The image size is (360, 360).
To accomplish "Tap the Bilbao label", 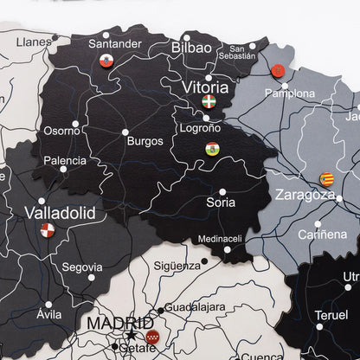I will pyautogui.click(x=191, y=48).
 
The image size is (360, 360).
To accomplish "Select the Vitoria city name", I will pyautogui.click(x=205, y=87).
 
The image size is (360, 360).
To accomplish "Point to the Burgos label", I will pyautogui.click(x=144, y=141).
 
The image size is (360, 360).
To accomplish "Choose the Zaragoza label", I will pyautogui.click(x=305, y=195).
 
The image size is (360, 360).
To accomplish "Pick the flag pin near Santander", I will pyautogui.click(x=106, y=61).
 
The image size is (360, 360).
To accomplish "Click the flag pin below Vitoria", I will pyautogui.click(x=209, y=101).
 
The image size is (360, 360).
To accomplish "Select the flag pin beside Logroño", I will pyautogui.click(x=212, y=149).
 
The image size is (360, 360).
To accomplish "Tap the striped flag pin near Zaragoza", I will pyautogui.click(x=327, y=179).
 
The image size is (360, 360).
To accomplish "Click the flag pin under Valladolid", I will pyautogui.click(x=48, y=230).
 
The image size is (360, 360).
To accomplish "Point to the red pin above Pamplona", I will pyautogui.click(x=279, y=70).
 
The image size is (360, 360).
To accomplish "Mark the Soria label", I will pyautogui.click(x=221, y=203).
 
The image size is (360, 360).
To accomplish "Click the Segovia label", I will pyautogui.click(x=82, y=267).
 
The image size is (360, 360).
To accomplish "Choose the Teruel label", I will pyautogui.click(x=331, y=315).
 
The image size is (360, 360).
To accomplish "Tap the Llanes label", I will pyautogui.click(x=35, y=41).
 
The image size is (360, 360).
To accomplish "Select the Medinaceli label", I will pyautogui.click(x=220, y=239).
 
